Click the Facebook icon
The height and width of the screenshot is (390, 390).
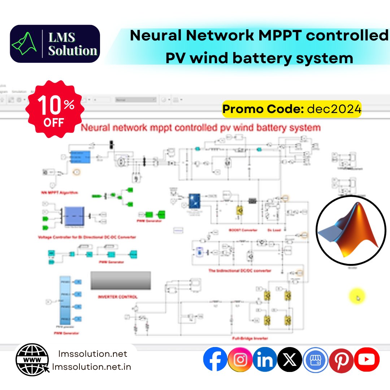pos(215,359)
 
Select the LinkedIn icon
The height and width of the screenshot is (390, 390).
pos(265,359)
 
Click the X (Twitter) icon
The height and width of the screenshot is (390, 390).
pos(290,359)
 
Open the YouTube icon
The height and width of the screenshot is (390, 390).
pos(367,359)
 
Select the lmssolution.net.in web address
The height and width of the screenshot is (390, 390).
pos(92,367)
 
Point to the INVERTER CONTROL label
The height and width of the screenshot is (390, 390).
pos(118,297)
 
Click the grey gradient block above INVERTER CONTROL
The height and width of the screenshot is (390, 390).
pos(121,281)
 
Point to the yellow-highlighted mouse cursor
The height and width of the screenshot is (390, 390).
pos(357,297)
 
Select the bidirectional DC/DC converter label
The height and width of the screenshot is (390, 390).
pos(240,270)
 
